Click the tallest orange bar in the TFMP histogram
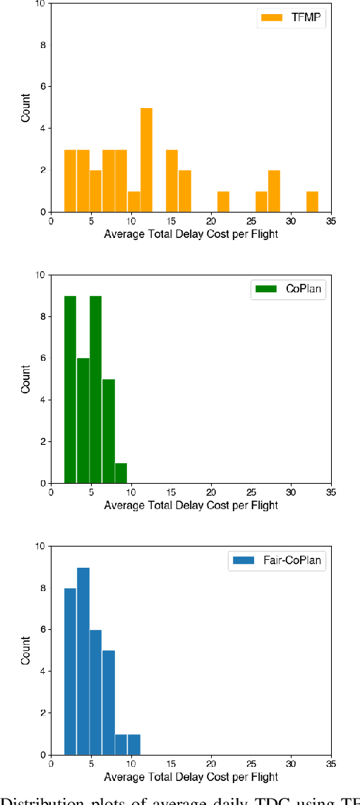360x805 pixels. pos(146,160)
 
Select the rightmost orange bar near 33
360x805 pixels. pos(312,201)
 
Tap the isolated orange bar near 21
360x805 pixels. pos(223,201)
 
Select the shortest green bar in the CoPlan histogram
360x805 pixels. pos(121,473)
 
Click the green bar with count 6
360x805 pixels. pos(83,420)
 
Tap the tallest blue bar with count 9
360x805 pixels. pos(83,660)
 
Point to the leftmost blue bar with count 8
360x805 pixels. pos(70,671)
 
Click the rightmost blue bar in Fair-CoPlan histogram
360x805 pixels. pos(133,744)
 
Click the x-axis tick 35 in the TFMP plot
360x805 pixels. pos(331,221)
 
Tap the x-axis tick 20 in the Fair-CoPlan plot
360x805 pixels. pos(211,764)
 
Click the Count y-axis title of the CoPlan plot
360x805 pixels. pos(26,378)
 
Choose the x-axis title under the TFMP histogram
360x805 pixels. pos(191,234)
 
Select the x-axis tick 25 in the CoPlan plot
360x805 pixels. pos(251,492)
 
